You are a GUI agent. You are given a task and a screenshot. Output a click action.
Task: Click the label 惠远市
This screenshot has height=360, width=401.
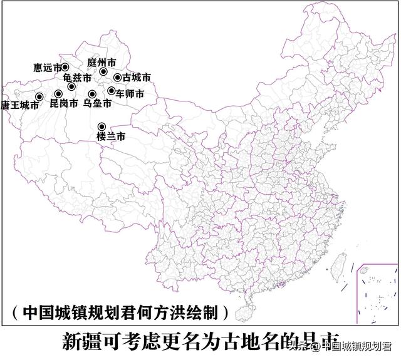[47, 67]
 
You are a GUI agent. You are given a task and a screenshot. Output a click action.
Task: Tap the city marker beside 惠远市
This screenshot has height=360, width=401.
[65, 67]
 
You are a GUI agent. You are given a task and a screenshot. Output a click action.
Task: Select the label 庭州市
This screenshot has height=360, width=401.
[102, 63]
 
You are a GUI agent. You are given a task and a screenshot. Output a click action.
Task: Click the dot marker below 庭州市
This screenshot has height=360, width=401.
[103, 72]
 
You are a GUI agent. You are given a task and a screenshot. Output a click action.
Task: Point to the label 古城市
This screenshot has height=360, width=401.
[137, 78]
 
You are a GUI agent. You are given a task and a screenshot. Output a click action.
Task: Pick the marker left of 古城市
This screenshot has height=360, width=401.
[117, 78]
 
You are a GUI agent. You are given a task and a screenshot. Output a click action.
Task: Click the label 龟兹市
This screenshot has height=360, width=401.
[77, 78]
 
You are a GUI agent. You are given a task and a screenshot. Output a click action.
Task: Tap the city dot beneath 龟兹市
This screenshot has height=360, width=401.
[71, 86]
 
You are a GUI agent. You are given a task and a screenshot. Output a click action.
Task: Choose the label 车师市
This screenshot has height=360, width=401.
[130, 93]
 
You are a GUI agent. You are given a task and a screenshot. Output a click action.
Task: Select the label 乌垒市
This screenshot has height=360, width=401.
[97, 103]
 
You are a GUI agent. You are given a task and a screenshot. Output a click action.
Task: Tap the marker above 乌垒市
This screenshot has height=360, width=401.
[92, 95]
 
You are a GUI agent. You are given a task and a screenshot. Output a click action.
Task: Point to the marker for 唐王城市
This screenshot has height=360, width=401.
[39, 96]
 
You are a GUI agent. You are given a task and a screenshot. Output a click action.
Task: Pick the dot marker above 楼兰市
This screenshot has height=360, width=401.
[102, 126]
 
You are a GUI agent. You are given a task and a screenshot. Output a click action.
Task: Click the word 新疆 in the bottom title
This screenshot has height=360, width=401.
[80, 341]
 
